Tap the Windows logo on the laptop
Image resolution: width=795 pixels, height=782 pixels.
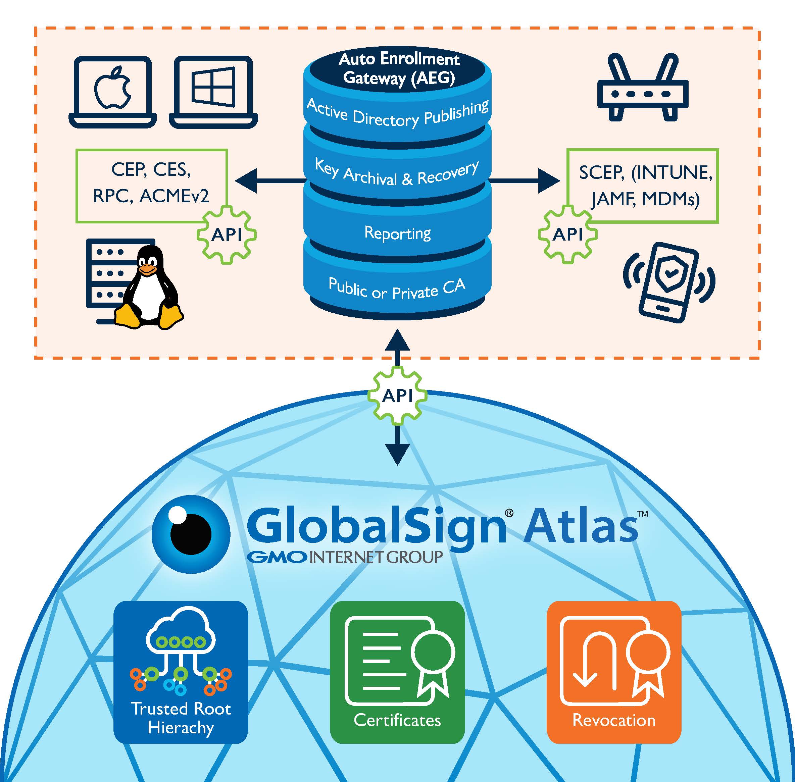coord(213,88)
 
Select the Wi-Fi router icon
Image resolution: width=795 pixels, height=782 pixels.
coord(643,89)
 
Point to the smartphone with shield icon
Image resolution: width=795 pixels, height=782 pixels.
coord(669,282)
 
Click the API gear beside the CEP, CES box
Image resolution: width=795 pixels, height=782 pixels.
coord(227,234)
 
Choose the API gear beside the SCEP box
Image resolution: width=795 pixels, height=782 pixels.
coord(567,234)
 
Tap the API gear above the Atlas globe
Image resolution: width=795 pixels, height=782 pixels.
coord(397,396)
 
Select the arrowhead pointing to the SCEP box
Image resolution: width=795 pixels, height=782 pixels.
coord(548,181)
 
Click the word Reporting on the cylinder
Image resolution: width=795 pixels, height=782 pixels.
coord(397,233)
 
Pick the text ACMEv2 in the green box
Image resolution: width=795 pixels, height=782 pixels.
coord(174,196)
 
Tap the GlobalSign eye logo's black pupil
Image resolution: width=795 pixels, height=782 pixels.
coord(191,534)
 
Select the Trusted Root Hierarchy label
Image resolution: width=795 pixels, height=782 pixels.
coord(181,718)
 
